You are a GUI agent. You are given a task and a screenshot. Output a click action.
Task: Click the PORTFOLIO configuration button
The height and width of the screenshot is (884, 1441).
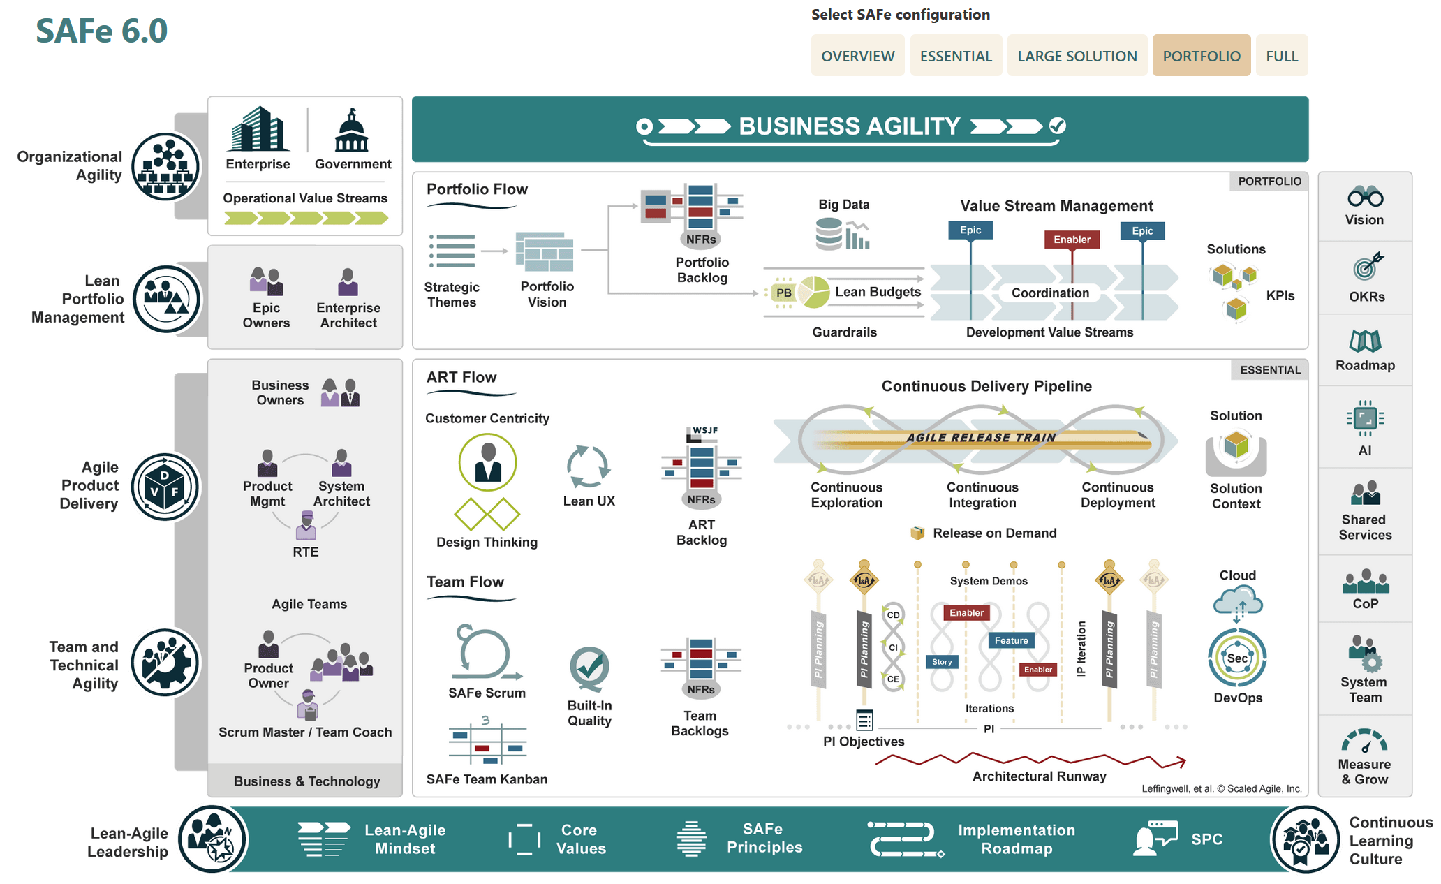[1201, 56]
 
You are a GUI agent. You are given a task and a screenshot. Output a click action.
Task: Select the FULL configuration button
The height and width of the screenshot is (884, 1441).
[1282, 56]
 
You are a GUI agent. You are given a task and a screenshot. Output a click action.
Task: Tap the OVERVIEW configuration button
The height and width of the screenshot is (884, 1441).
[857, 56]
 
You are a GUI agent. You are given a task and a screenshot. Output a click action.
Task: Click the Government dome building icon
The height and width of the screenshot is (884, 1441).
[351, 131]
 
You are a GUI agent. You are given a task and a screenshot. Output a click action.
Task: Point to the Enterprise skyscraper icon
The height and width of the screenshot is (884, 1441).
[258, 129]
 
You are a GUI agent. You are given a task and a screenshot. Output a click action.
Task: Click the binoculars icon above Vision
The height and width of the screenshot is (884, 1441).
[1365, 197]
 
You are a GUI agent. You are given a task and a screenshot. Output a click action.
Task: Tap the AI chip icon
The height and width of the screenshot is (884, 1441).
[1365, 419]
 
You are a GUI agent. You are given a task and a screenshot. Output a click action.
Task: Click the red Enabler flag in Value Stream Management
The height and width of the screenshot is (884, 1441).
[1072, 240]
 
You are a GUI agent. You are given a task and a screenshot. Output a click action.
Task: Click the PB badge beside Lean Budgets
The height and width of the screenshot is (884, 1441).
[784, 293]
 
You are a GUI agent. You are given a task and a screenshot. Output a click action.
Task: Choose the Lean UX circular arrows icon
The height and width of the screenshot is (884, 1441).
[588, 466]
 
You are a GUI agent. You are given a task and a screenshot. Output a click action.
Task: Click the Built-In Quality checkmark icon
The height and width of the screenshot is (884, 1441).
[589, 668]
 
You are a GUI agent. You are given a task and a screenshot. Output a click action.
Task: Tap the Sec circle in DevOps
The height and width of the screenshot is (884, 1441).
[1237, 658]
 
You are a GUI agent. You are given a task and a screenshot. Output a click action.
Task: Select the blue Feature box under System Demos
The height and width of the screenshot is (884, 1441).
[1011, 640]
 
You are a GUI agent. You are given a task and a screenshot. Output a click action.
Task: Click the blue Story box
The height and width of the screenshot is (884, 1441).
[942, 662]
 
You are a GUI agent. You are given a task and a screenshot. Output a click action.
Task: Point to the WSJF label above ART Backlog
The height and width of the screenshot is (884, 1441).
[705, 430]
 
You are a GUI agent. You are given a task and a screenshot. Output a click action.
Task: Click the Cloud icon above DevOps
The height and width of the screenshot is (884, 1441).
[1237, 600]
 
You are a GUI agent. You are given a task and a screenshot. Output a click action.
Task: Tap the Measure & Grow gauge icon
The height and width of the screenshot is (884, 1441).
[1364, 741]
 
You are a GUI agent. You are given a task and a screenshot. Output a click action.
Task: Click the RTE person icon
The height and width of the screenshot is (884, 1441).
[306, 525]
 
